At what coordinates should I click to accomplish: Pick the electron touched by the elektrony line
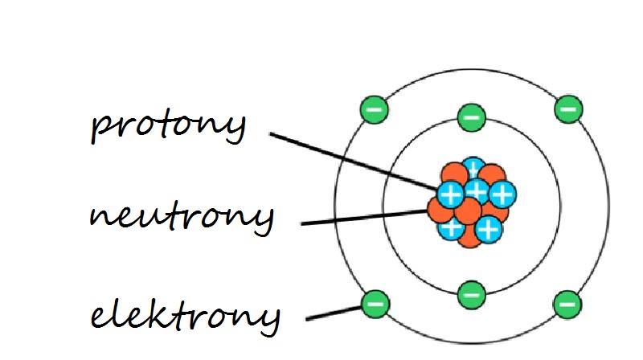375,303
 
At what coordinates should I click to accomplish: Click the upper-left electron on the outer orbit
375,108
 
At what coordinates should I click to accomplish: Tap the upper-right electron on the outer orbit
567,108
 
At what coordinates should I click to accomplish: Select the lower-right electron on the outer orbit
567,303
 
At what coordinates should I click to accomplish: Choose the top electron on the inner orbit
471,117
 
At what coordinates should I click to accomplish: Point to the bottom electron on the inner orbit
471,294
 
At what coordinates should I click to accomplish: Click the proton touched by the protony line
450,194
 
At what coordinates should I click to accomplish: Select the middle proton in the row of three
477,190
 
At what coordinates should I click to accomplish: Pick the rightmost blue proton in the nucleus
502,194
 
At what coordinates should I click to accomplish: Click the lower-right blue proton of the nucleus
488,230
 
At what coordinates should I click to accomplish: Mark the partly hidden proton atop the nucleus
473,167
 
